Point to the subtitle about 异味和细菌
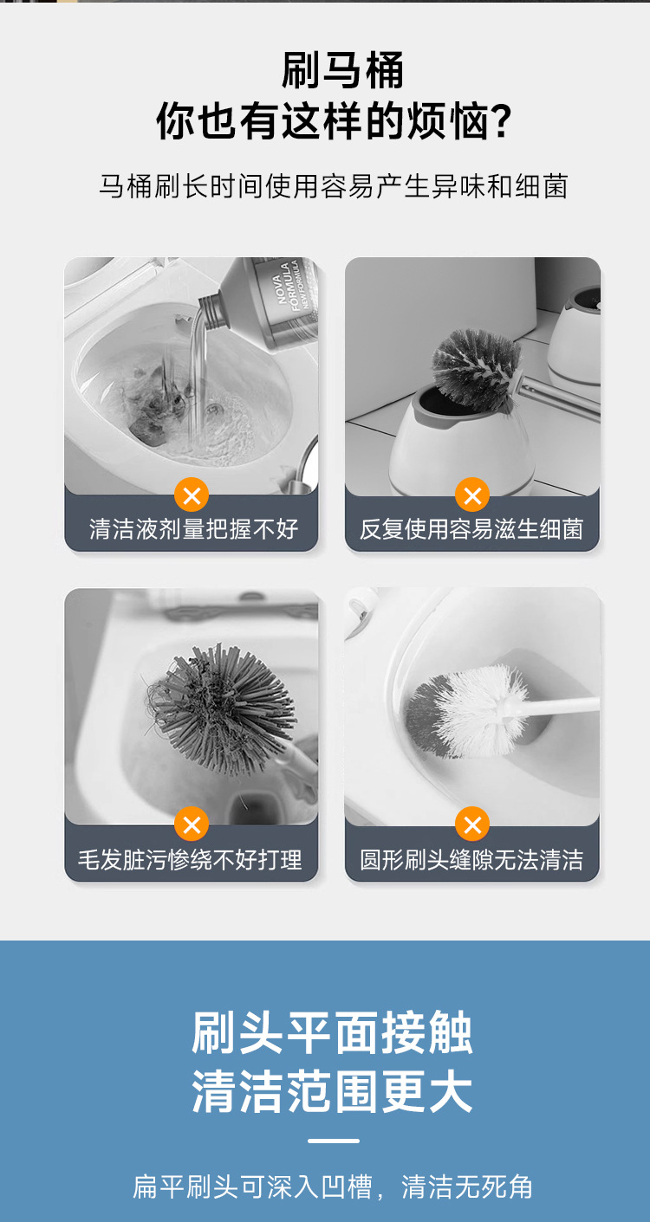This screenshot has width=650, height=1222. pos(333,186)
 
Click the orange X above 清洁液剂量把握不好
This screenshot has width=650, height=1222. pos(192,496)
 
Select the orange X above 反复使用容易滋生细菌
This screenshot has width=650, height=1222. pos(472,496)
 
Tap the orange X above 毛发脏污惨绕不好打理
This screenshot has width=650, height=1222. pos(192,824)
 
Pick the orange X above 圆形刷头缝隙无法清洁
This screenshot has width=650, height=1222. pos(472,824)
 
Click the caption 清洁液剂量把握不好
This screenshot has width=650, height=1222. pos(193,528)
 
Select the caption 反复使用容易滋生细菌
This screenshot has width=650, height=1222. pos(472,528)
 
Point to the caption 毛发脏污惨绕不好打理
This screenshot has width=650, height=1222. pos(191,859)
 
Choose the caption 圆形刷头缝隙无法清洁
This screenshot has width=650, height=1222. pos(472,859)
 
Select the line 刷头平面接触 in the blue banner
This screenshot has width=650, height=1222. pos(333,1033)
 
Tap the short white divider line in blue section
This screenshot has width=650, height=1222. pos(333,1141)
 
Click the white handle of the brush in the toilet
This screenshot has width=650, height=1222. pos(563,705)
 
